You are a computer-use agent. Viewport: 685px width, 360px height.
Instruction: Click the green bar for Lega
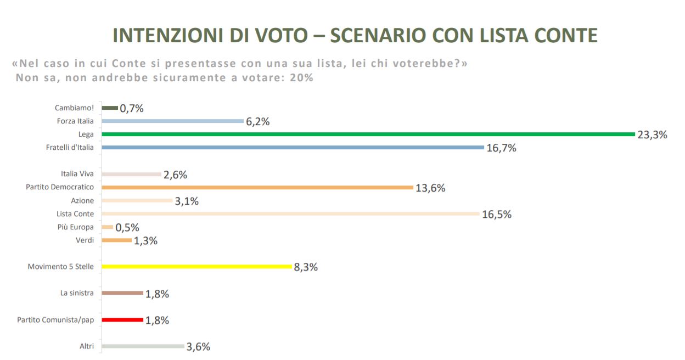point(368,134)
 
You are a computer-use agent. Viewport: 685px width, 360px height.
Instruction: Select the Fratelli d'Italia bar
point(293,147)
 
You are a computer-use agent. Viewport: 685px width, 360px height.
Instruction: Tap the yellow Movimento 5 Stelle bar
point(196,267)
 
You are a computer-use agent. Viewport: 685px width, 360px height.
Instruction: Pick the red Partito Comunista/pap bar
point(122,319)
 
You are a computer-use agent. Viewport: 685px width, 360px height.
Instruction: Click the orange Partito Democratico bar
point(257,187)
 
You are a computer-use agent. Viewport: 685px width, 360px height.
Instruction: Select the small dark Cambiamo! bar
point(110,108)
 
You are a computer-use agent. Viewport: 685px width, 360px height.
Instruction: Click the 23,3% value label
point(652,134)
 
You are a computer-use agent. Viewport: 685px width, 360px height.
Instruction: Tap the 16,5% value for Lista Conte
point(497,215)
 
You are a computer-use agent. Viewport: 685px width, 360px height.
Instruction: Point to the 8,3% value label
point(306,267)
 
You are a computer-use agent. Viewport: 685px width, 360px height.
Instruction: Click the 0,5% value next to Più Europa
point(127,228)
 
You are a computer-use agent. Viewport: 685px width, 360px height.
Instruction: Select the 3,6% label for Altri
point(198,347)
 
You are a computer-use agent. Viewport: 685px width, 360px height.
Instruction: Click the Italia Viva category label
point(77,174)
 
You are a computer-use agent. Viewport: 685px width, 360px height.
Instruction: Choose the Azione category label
point(82,201)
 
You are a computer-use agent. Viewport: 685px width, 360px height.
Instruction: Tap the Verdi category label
point(85,240)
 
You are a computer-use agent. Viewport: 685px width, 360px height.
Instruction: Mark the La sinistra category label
point(77,293)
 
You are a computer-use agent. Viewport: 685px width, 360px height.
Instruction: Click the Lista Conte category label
point(75,214)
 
